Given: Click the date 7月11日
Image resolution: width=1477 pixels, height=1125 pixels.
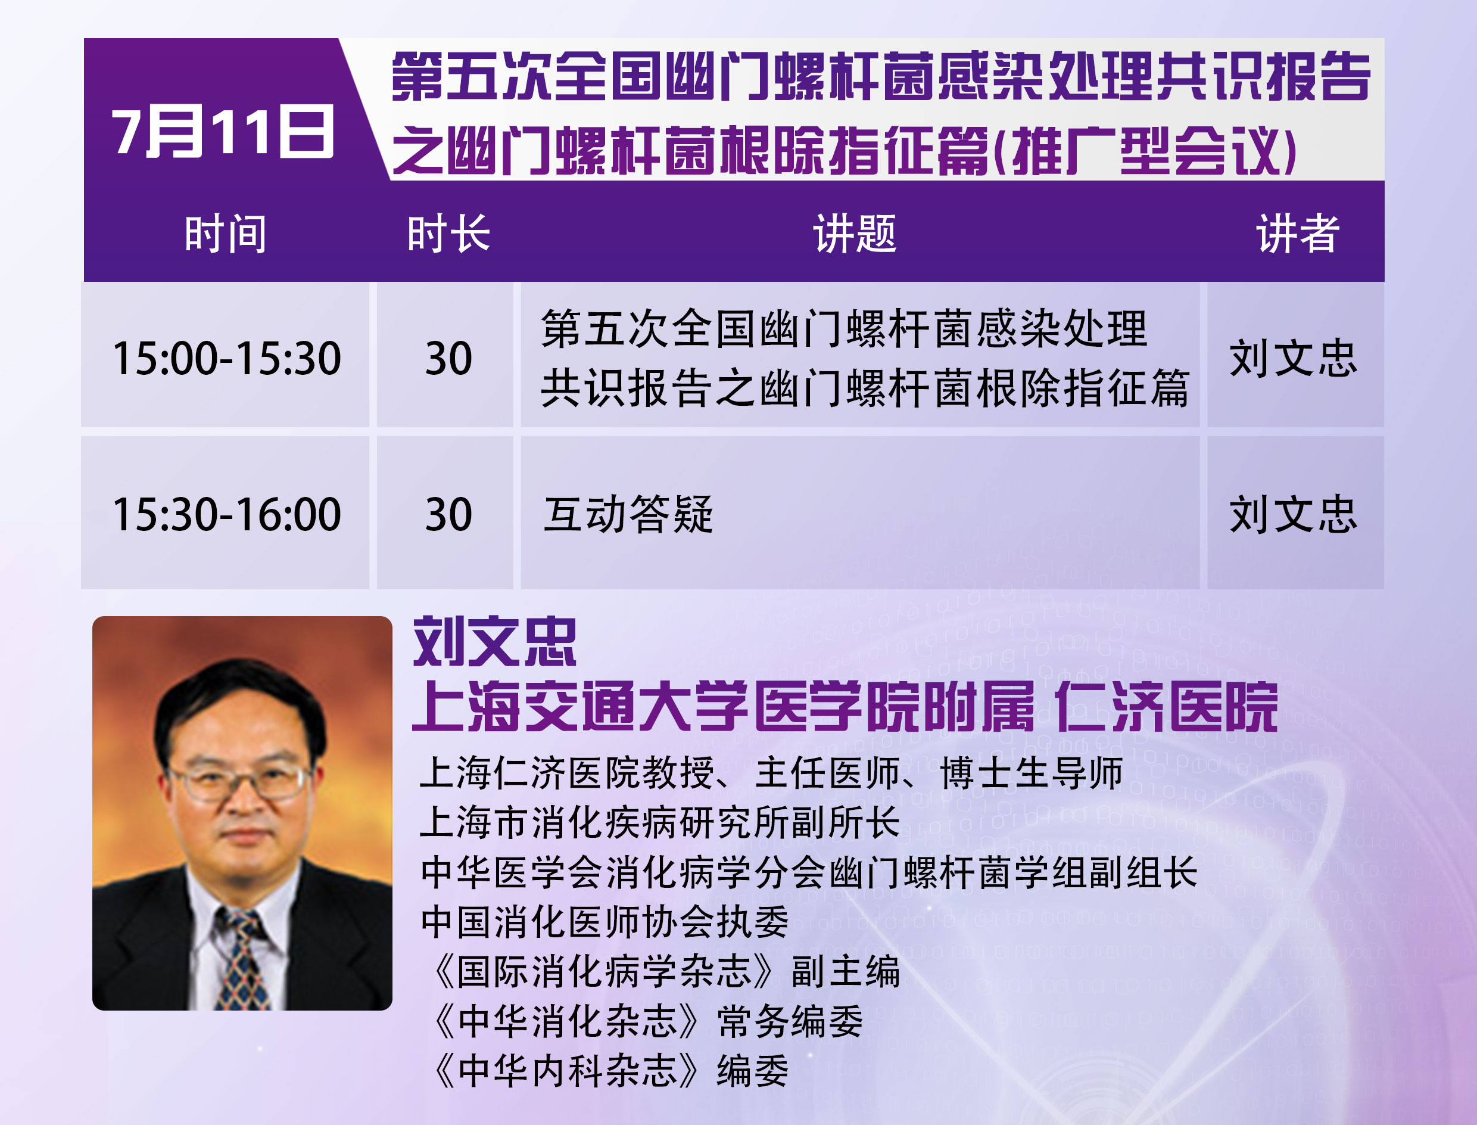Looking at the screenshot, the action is click(x=222, y=132).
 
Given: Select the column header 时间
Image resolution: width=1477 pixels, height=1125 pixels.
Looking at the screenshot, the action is click(x=226, y=234).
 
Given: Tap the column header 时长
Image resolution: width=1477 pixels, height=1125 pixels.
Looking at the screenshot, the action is click(x=448, y=234).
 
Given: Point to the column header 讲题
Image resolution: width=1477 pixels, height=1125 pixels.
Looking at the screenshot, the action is click(x=855, y=234).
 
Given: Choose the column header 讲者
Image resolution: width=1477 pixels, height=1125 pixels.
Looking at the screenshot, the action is click(x=1298, y=234).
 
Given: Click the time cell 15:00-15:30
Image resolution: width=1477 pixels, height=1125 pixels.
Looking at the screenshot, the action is click(x=227, y=358).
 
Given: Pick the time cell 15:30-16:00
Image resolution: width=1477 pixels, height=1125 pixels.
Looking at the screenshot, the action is click(x=227, y=514).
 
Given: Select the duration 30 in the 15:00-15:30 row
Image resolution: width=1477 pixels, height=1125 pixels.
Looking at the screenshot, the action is click(x=448, y=358).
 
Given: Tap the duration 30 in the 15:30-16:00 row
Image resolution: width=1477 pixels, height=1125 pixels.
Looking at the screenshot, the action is click(x=448, y=514).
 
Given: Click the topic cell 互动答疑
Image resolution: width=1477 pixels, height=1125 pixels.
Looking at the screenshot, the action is click(x=628, y=514).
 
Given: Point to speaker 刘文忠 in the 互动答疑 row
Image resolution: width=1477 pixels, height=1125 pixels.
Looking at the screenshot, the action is click(x=1293, y=514).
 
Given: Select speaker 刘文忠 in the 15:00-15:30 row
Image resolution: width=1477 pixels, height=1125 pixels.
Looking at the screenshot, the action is click(x=1293, y=358).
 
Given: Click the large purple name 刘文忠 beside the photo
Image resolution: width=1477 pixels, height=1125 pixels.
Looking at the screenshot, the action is click(x=494, y=642).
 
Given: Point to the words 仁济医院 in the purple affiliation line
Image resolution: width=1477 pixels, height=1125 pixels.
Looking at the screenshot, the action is click(x=1166, y=707).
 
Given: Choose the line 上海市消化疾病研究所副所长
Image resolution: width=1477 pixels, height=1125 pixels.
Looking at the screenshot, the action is click(x=660, y=823).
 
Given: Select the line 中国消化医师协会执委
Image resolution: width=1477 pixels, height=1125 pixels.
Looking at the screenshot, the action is click(x=605, y=922).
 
